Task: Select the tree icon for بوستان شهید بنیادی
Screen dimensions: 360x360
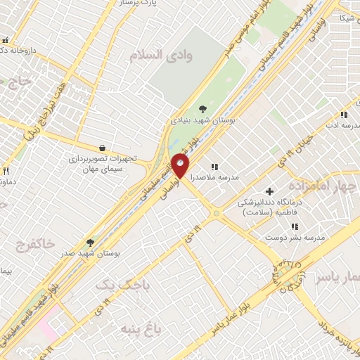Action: (202, 108)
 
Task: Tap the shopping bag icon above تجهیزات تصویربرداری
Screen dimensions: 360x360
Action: (103, 148)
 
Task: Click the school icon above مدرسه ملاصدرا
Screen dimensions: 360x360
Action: (214, 167)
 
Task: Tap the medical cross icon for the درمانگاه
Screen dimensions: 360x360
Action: (269, 191)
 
